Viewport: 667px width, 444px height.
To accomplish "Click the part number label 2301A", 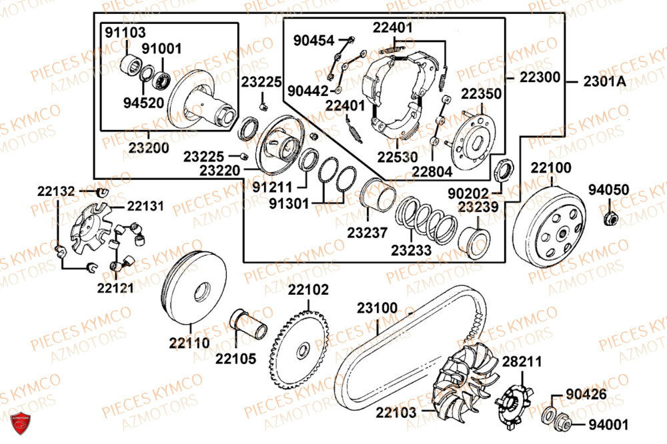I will click(x=604, y=81).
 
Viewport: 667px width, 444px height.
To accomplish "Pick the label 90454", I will click(x=313, y=41).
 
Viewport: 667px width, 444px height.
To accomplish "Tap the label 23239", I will click(x=478, y=207).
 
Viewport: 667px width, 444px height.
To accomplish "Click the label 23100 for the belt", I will click(x=377, y=309).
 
